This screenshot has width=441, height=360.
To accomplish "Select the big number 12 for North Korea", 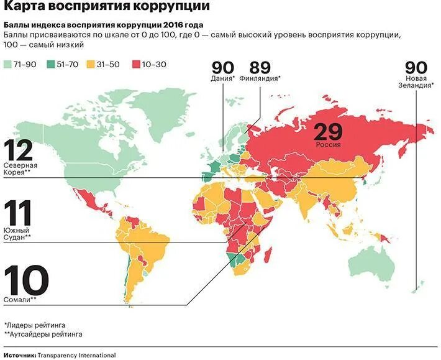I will (18, 150).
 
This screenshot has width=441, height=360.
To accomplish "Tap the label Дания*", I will (224, 79).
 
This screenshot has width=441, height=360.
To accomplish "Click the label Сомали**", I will (20, 299).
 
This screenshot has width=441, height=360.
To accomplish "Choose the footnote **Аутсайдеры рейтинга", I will (43, 335).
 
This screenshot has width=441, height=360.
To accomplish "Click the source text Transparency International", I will (76, 355).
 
